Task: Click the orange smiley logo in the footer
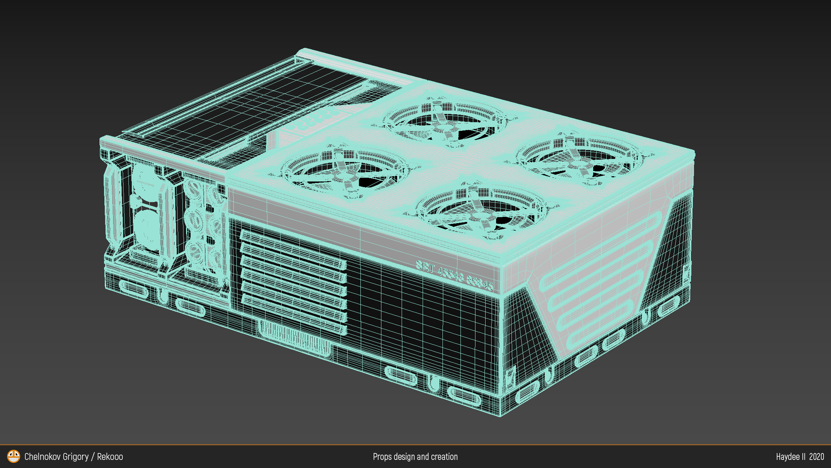(13, 456)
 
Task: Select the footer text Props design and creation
(415, 457)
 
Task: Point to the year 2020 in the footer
(816, 457)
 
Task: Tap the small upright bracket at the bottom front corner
(510, 377)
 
